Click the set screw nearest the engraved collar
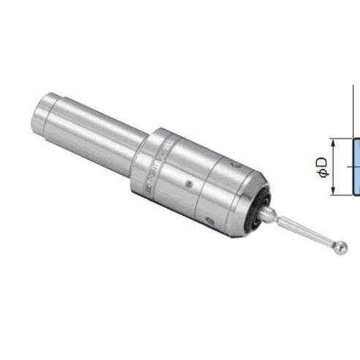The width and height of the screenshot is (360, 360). click(x=189, y=184)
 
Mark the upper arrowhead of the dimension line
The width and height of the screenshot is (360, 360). click(x=333, y=143)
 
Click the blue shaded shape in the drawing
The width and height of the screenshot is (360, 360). click(x=356, y=167)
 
